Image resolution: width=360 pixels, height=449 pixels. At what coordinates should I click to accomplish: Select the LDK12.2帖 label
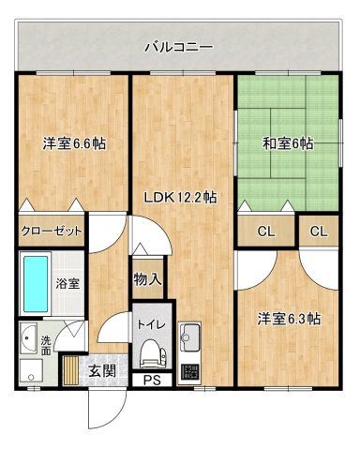coord(181,198)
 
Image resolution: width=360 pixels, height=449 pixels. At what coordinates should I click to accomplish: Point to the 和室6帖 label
coord(287,143)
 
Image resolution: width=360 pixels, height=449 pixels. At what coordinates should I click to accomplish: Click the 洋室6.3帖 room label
coord(290,319)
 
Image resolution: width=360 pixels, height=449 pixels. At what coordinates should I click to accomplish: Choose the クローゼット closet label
coord(52,231)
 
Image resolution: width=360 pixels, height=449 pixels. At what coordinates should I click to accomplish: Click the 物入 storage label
coord(148,278)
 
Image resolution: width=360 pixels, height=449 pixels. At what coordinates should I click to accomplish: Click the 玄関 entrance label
coord(102,370)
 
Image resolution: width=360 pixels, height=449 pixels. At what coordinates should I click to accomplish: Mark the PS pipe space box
coord(151,381)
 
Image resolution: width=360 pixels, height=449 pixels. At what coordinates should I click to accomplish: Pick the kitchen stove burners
coord(190,368)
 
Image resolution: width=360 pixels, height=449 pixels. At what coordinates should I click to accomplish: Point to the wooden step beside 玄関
coord(72,370)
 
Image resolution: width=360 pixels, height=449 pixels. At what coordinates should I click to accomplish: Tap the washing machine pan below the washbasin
coord(26,368)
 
